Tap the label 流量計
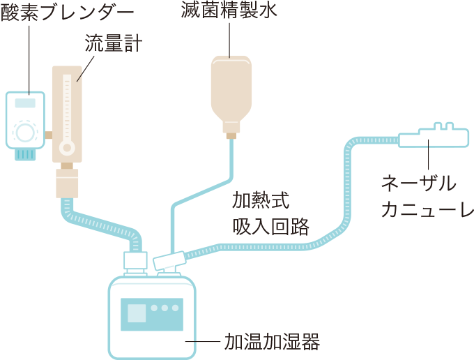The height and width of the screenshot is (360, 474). (114, 45)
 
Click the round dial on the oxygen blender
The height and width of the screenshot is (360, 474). (24, 131)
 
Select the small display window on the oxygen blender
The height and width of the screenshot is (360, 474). (25, 103)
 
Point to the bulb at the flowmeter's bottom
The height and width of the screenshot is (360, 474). (67, 147)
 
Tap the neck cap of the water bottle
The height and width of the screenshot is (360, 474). (231, 130)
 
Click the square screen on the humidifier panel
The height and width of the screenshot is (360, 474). (137, 313)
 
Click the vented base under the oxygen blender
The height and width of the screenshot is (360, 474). (25, 154)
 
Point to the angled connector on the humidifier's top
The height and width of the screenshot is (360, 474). (170, 262)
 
